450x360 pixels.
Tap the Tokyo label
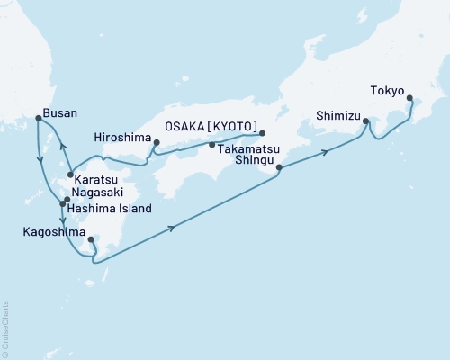[x=386, y=90]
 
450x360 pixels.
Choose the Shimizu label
[x=337, y=115]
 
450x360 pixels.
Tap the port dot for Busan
[x=37, y=118]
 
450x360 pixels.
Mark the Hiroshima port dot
[x=157, y=142]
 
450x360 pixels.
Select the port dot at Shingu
[x=279, y=167]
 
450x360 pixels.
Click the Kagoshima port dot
[x=92, y=239]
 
